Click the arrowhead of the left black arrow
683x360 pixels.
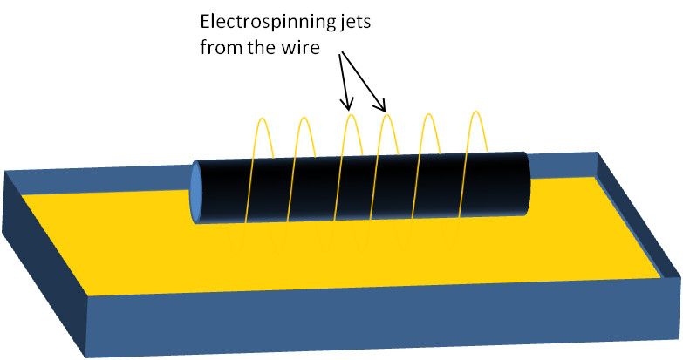click(x=348, y=107)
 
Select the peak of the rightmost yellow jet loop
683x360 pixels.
click(x=475, y=112)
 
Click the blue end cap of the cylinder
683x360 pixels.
click(x=196, y=192)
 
